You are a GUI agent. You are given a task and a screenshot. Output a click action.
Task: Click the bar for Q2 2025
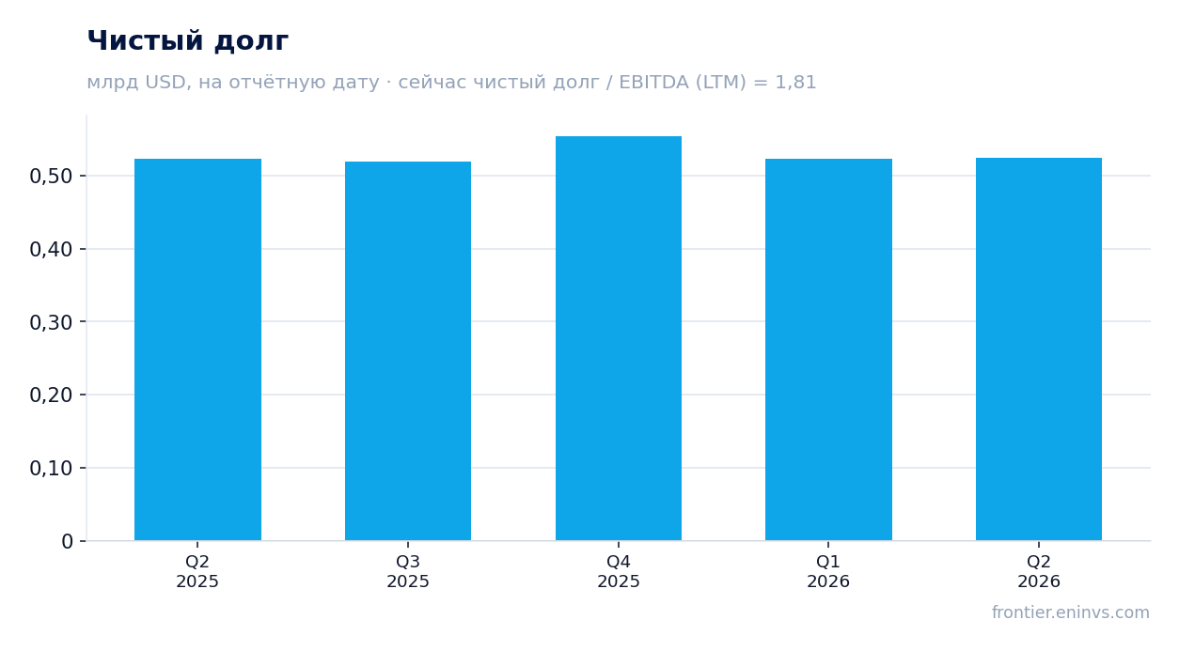click(x=197, y=349)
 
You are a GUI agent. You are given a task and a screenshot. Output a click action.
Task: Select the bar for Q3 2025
click(x=408, y=351)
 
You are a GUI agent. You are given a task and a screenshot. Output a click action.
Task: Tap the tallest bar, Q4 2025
click(x=619, y=338)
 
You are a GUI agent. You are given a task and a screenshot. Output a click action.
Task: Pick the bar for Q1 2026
click(x=828, y=349)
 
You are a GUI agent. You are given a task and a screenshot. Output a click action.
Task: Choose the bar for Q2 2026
click(x=1039, y=349)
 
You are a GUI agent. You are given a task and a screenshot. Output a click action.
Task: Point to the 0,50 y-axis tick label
click(x=51, y=177)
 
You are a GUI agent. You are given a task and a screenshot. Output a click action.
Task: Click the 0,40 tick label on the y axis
click(x=51, y=250)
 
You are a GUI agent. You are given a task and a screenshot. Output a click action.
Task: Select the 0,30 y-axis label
click(x=51, y=322)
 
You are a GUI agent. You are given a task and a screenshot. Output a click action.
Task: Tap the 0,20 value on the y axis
click(x=51, y=395)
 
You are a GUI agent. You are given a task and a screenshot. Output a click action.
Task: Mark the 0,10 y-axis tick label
click(x=51, y=468)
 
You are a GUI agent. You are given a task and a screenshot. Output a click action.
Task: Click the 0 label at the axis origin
click(x=67, y=541)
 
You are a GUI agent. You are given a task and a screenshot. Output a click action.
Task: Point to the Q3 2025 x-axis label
click(x=408, y=571)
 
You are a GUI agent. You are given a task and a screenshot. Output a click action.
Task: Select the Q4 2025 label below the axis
click(x=619, y=571)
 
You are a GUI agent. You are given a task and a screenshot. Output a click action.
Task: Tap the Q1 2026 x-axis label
click(x=828, y=571)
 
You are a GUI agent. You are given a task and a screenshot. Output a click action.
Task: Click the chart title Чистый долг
click(x=188, y=41)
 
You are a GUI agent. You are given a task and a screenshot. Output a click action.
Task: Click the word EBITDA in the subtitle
click(x=653, y=83)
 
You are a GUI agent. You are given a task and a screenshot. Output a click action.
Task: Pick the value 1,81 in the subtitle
click(x=795, y=83)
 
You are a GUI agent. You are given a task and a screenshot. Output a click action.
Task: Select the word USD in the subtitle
click(x=165, y=83)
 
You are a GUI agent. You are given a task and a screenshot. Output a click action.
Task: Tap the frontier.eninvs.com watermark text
click(x=1071, y=612)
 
